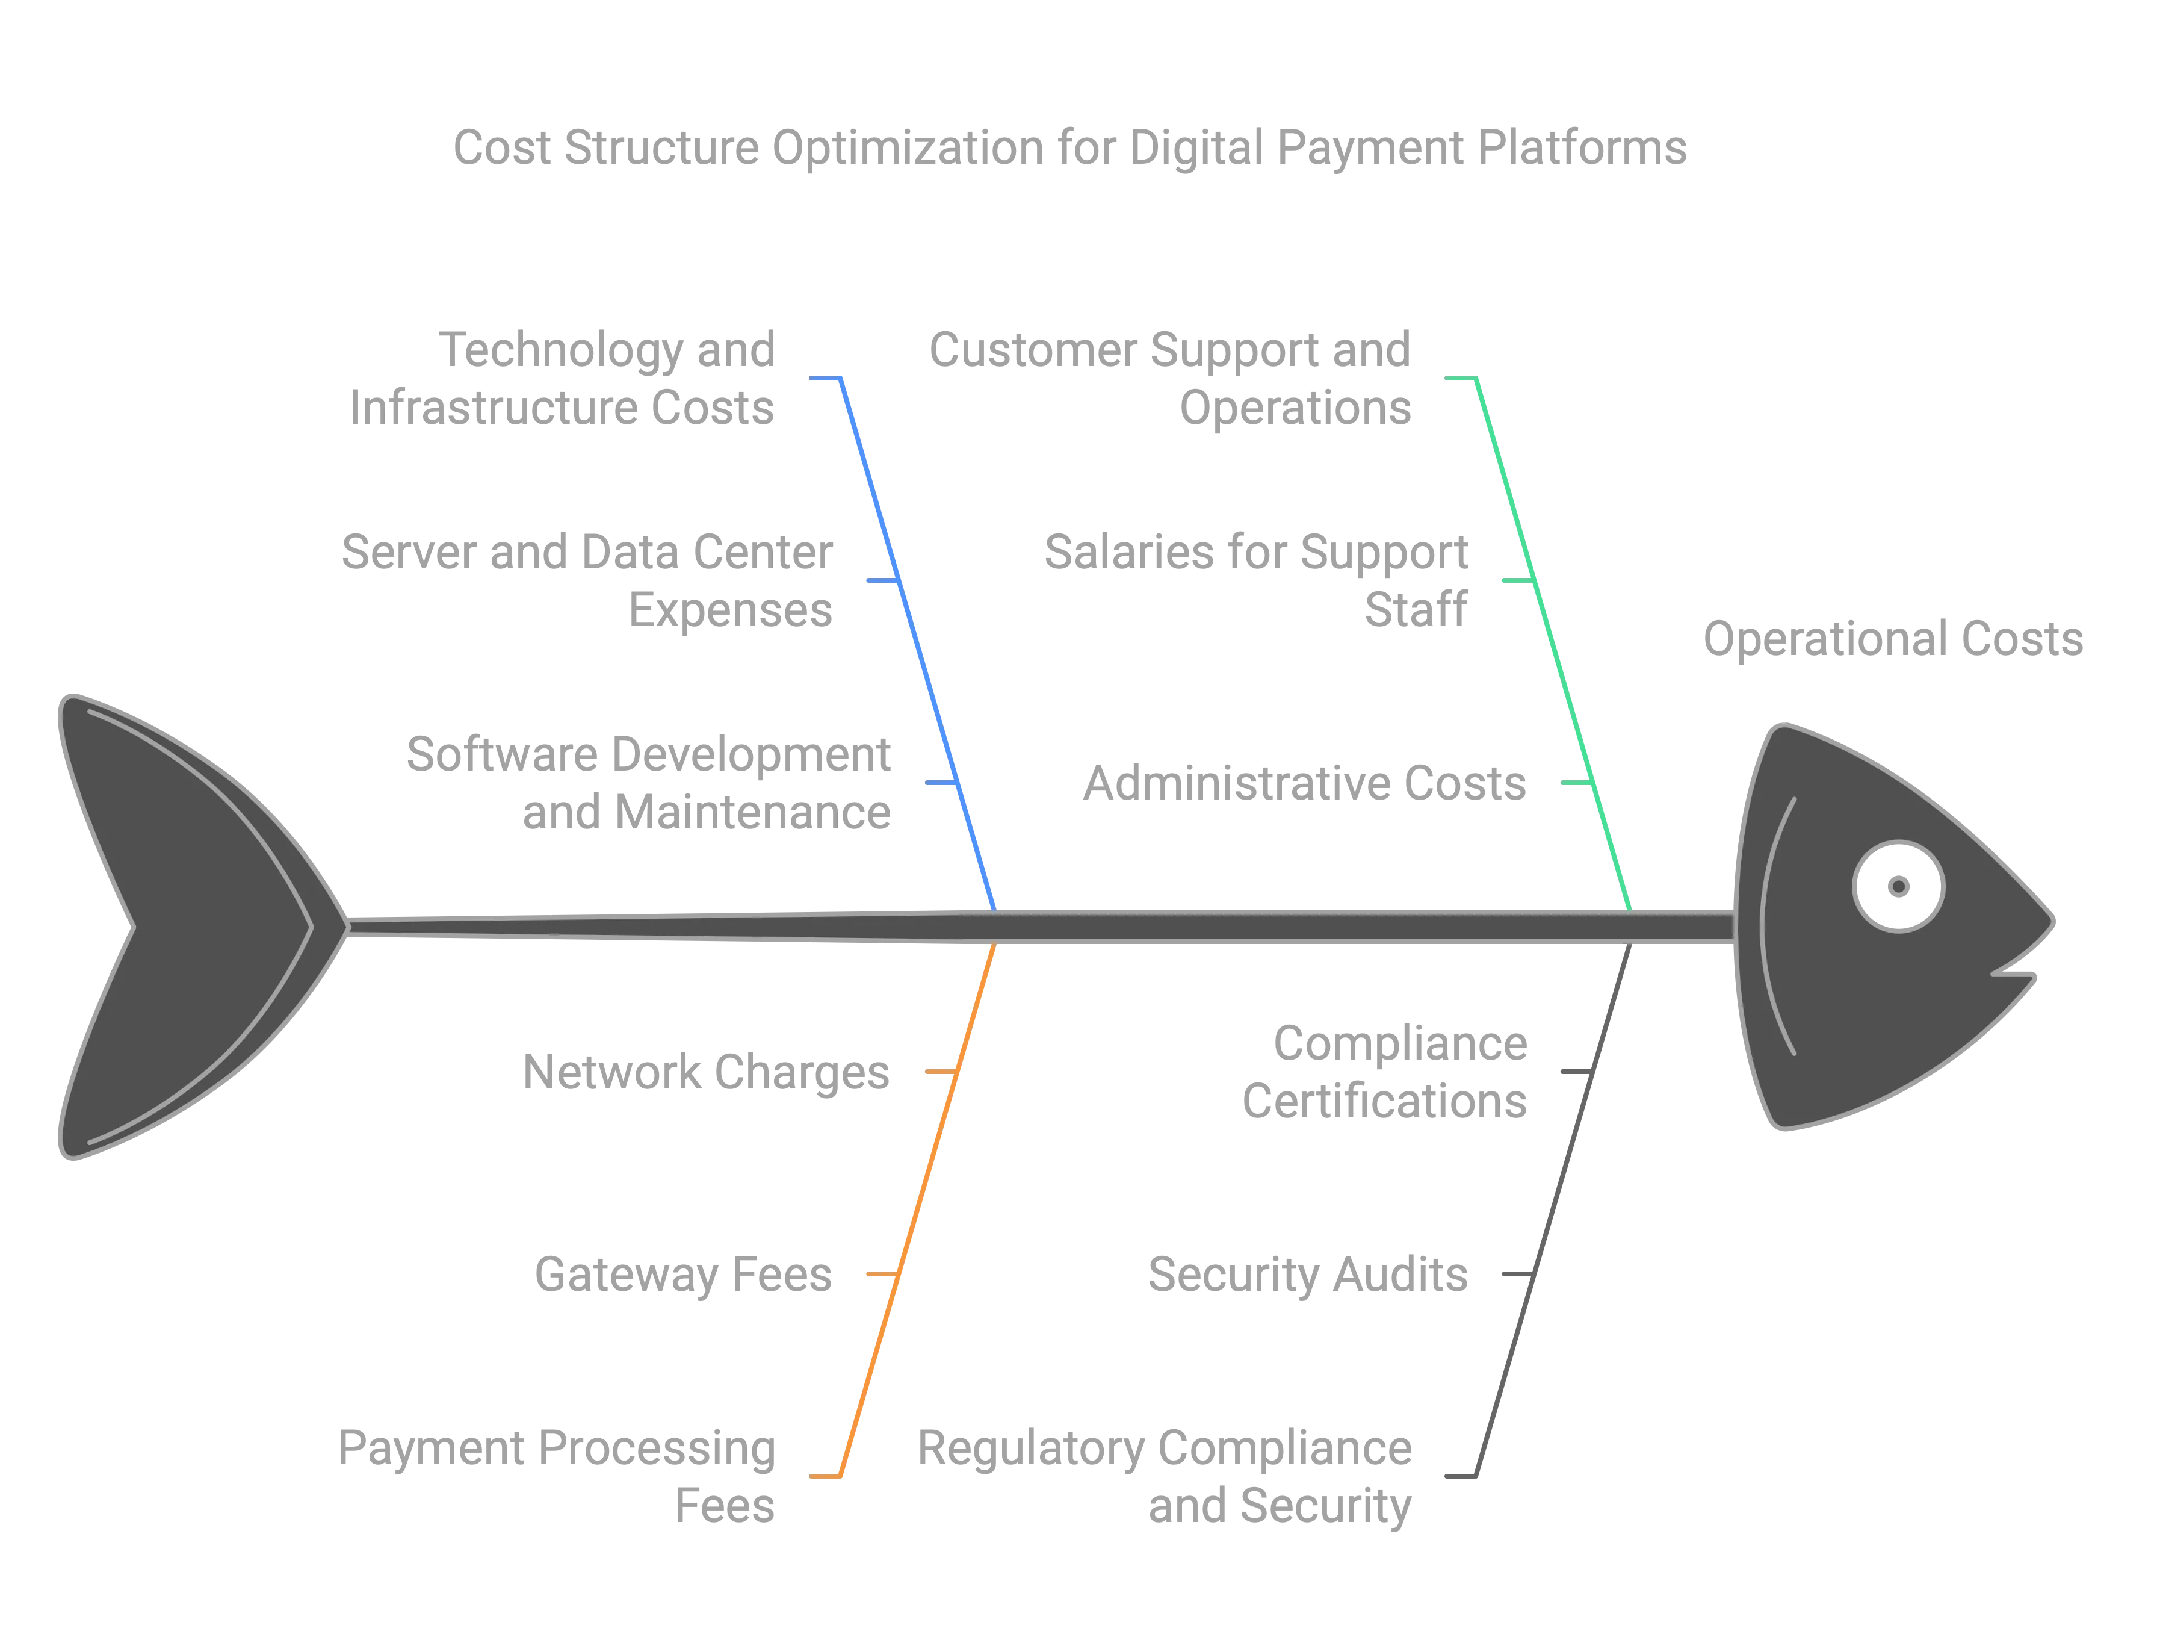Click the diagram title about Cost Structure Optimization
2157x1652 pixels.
(x=1069, y=147)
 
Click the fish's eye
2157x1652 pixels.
(x=1898, y=886)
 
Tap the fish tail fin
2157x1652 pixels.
(x=187, y=924)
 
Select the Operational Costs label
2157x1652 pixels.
(x=1893, y=639)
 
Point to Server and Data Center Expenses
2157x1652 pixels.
(x=588, y=580)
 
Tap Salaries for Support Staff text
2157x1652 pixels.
(x=1257, y=580)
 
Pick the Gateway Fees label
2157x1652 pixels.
(x=683, y=1275)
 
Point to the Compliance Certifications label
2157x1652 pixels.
(x=1386, y=1072)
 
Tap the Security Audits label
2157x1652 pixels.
(x=1307, y=1275)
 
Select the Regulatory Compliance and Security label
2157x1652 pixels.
(x=1166, y=1477)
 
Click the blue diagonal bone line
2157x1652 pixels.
(x=919, y=639)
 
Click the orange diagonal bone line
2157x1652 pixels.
(x=919, y=1209)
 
